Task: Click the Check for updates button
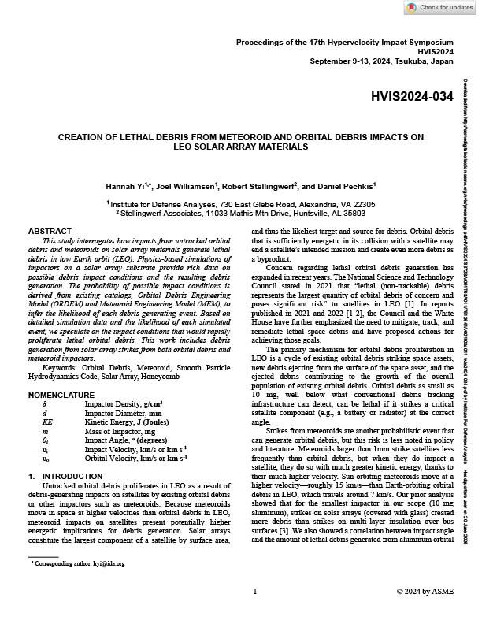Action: point(440,8)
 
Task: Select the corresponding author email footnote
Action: point(79,564)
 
